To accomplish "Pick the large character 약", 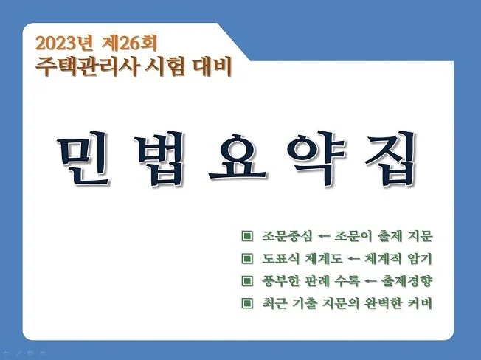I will coord(321,157).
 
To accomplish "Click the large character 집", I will coord(395,157).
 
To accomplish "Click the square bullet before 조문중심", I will coord(246,237).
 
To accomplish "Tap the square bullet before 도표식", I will coord(246,259).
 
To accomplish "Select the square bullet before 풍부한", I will coord(246,281).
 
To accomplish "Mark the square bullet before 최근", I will coord(246,303).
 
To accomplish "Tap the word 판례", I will coord(318,281).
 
